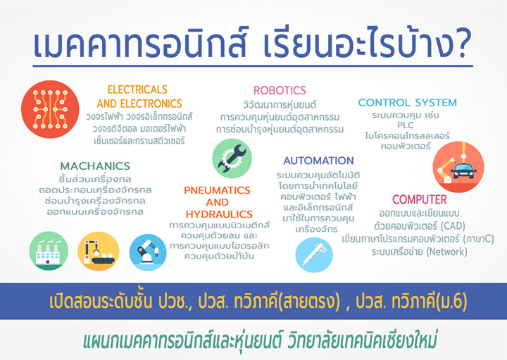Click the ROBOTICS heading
(280, 90)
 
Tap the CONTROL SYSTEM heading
(408, 103)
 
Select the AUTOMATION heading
(318, 161)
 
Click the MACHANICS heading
(95, 166)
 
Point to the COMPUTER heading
(420, 199)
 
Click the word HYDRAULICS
(219, 214)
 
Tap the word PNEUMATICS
(217, 190)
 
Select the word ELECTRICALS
(137, 89)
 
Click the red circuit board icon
(50, 109)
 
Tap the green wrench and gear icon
(232, 159)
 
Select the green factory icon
(49, 251)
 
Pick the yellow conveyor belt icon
(99, 251)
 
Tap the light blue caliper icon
(314, 255)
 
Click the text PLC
(406, 125)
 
